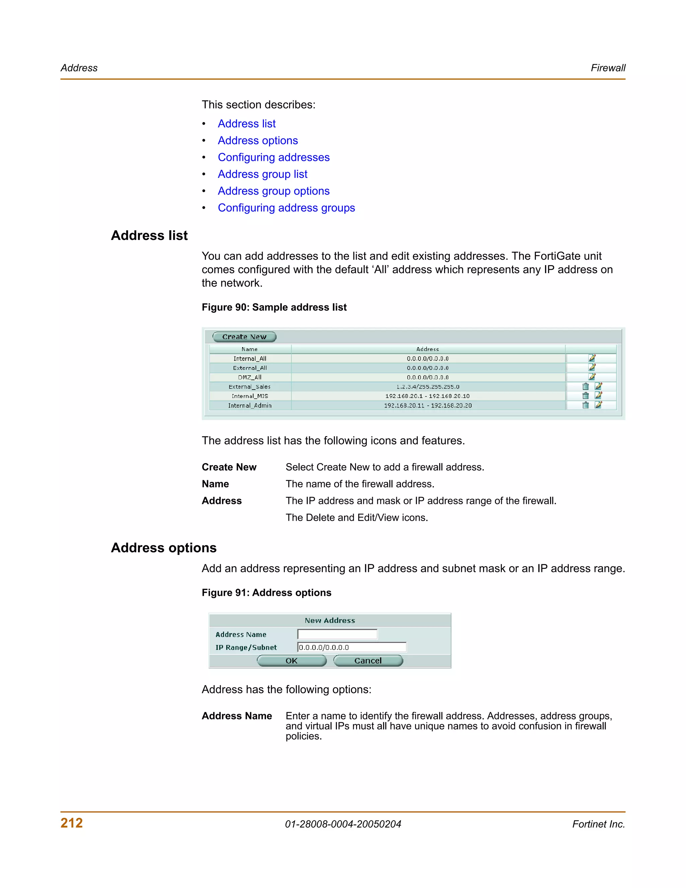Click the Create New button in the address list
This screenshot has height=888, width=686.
(244, 337)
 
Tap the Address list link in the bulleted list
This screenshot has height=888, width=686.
(246, 124)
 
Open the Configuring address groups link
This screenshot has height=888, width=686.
(286, 208)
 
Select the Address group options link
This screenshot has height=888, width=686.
(274, 191)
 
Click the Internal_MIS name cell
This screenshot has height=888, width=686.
(250, 396)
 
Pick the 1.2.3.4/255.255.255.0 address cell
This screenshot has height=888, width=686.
(427, 387)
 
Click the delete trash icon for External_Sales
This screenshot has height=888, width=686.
(585, 386)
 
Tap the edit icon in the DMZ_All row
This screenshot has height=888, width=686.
(592, 377)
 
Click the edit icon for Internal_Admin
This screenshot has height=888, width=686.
(598, 405)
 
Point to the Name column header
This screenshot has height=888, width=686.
(250, 349)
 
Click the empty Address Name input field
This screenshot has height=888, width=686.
(337, 634)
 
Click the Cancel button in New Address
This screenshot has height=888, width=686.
(368, 661)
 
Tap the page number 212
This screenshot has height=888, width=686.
(72, 823)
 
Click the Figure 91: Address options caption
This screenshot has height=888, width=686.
(267, 593)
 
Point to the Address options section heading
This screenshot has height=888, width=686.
(164, 548)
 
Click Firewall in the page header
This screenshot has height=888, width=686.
(608, 68)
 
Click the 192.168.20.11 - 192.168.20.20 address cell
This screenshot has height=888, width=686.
(427, 405)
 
